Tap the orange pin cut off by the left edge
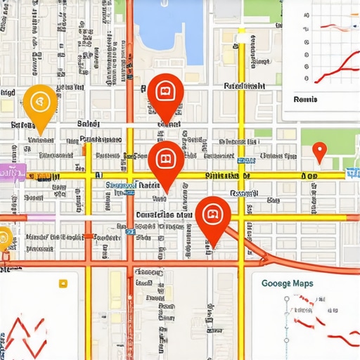[4, 241]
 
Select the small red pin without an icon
[319, 150]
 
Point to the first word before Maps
[275, 283]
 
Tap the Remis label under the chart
[305, 99]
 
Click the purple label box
[12, 171]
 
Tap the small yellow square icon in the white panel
[63, 284]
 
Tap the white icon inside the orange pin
[40, 101]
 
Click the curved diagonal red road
[281, 255]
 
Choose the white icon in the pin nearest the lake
[165, 91]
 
